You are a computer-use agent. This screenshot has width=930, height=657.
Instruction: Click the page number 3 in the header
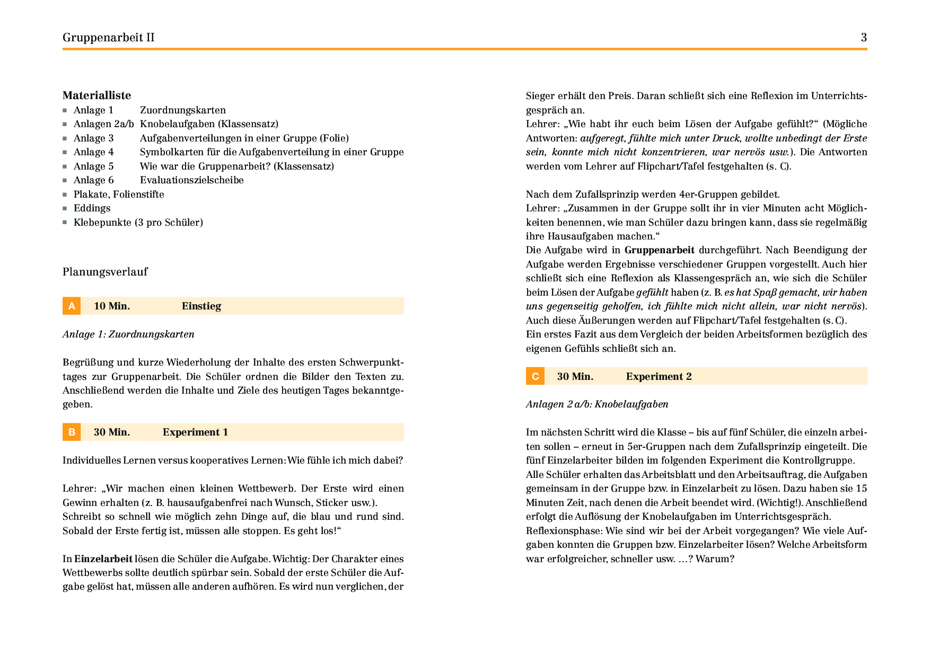point(864,37)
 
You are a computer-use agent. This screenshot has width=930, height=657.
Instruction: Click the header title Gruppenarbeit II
point(109,37)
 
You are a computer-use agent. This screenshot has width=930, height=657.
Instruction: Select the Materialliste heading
point(96,95)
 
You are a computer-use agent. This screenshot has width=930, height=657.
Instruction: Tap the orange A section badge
point(72,306)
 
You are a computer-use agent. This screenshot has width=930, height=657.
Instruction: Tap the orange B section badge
point(72,432)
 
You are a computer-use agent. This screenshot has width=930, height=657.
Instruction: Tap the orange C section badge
point(535,377)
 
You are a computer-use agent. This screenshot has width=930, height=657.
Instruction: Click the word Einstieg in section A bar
point(201,306)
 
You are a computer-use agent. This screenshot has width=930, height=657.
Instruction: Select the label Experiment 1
point(195,432)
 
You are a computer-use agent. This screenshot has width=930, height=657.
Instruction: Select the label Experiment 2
point(659,377)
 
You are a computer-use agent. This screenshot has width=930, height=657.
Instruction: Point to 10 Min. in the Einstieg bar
point(112,306)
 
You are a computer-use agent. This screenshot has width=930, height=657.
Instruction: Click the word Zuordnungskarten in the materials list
point(183,110)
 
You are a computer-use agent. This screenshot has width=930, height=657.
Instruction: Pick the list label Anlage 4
point(93,152)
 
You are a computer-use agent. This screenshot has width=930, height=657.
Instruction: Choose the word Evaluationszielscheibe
point(191,180)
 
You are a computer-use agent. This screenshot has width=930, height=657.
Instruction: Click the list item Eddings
point(92,208)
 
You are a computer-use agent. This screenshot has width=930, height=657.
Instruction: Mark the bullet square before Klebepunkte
point(65,223)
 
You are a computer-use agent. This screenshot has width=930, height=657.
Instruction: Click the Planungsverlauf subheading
point(105,272)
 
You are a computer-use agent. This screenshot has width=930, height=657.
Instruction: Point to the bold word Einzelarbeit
point(103,559)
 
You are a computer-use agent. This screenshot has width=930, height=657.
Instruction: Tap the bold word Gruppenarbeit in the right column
point(659,250)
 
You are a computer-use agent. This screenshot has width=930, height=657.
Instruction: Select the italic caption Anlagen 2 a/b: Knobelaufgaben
point(597,404)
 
